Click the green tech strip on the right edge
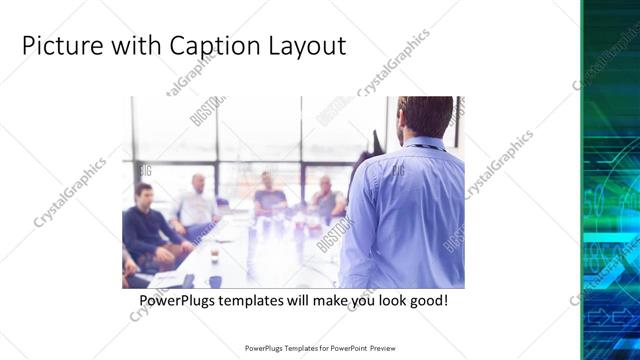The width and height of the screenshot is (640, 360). click(610, 180)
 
